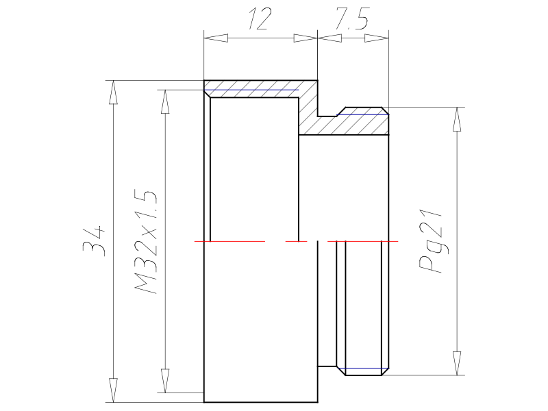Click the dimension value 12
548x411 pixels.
click(x=260, y=19)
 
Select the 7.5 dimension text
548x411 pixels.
click(x=352, y=19)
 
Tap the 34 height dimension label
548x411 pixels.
click(x=94, y=242)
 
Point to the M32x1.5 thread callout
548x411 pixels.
click(x=146, y=242)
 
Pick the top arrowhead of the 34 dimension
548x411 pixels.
click(x=113, y=92)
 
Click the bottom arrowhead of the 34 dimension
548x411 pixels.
click(x=113, y=390)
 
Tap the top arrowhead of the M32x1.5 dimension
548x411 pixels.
click(x=165, y=101)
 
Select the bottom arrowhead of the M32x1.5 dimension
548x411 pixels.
click(x=165, y=381)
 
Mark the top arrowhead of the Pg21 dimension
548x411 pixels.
click(x=456, y=119)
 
